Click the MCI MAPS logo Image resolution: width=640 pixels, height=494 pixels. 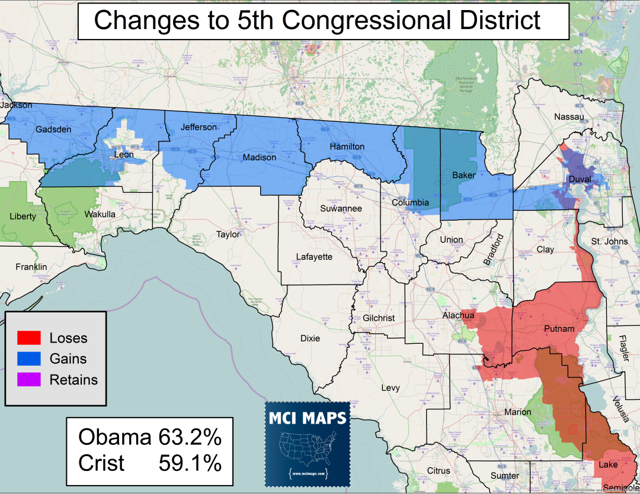pyautogui.click(x=307, y=441)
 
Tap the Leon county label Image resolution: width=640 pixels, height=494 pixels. pyautogui.click(x=124, y=155)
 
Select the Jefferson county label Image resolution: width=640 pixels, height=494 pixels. pyautogui.click(x=199, y=127)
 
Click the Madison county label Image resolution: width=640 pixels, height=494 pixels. pyautogui.click(x=259, y=157)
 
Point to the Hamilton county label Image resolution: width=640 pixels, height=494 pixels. pyautogui.click(x=347, y=146)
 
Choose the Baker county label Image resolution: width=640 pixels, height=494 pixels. pyautogui.click(x=464, y=175)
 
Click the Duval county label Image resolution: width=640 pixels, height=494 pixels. pyautogui.click(x=580, y=179)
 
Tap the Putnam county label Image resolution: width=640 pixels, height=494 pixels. pyautogui.click(x=559, y=329)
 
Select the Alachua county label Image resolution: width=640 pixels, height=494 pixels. pyautogui.click(x=459, y=316)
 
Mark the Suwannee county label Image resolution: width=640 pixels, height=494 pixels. pyautogui.click(x=341, y=208)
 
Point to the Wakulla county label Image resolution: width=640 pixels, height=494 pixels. pyautogui.click(x=100, y=214)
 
